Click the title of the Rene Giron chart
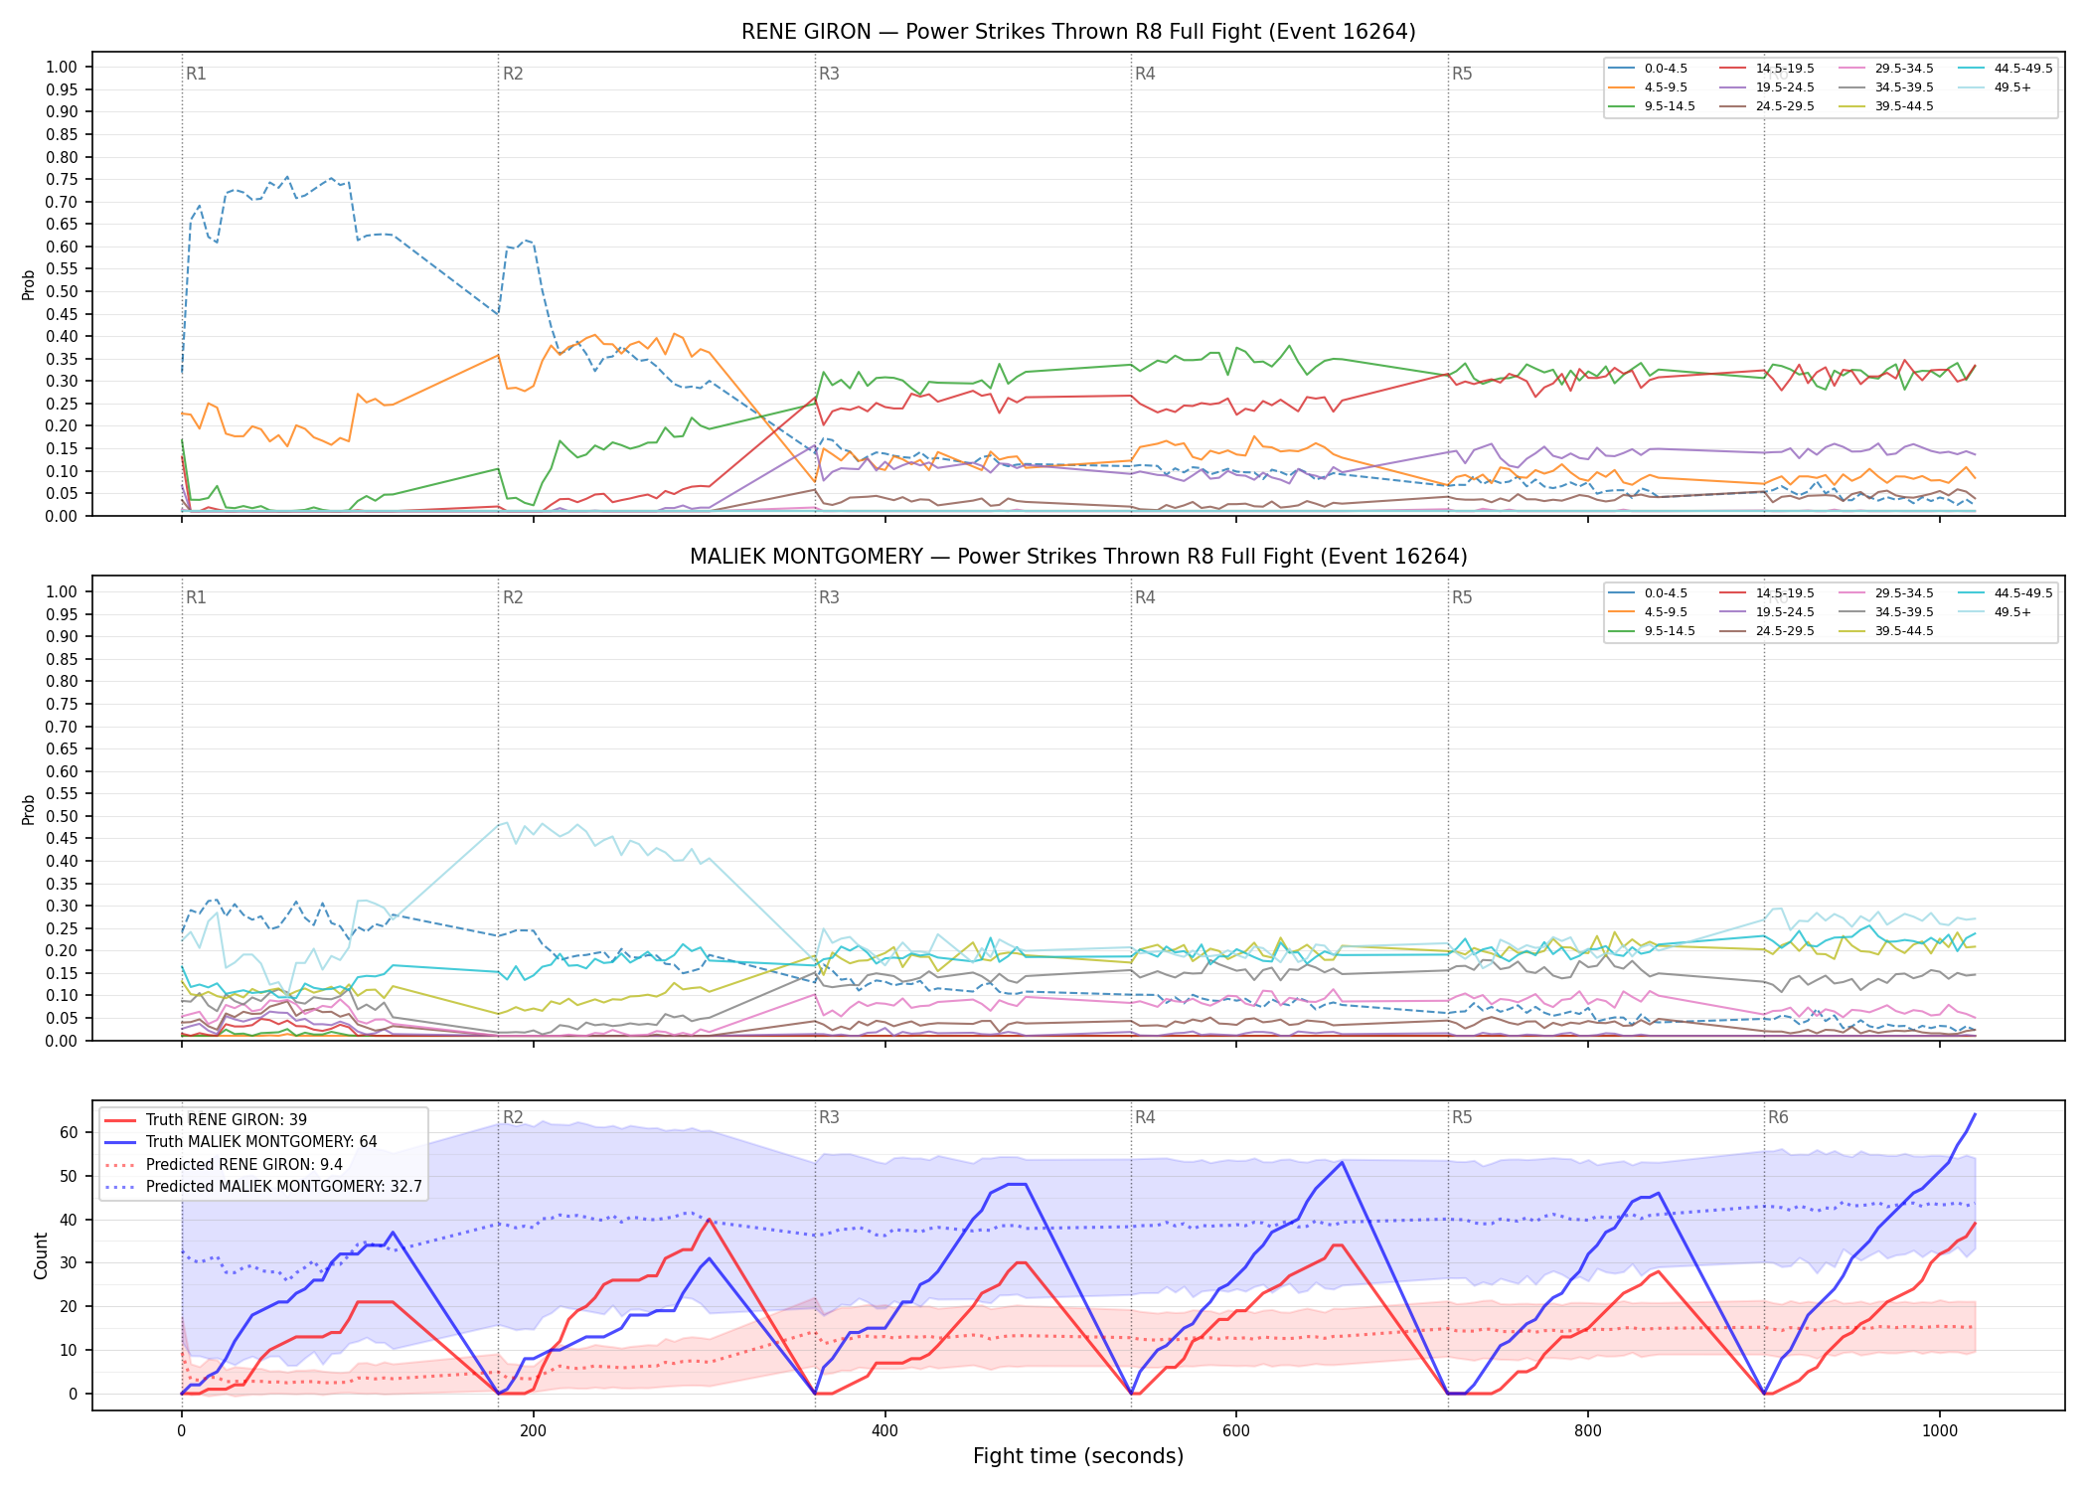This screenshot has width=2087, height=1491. (x=1078, y=32)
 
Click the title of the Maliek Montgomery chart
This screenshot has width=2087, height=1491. (x=1078, y=557)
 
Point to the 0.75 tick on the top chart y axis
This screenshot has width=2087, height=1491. (x=62, y=180)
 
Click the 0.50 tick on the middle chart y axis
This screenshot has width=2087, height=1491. (x=62, y=816)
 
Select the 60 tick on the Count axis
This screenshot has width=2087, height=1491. (x=69, y=1132)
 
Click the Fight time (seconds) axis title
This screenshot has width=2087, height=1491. (x=1078, y=1456)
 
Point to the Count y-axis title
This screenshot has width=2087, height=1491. (x=41, y=1255)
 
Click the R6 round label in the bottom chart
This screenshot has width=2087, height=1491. (x=1778, y=1118)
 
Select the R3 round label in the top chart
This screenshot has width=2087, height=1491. (x=829, y=74)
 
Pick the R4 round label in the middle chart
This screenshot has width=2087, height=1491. (x=1145, y=597)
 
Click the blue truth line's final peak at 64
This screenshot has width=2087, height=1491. (x=1975, y=1114)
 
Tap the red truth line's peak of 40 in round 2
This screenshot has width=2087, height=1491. (x=709, y=1219)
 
